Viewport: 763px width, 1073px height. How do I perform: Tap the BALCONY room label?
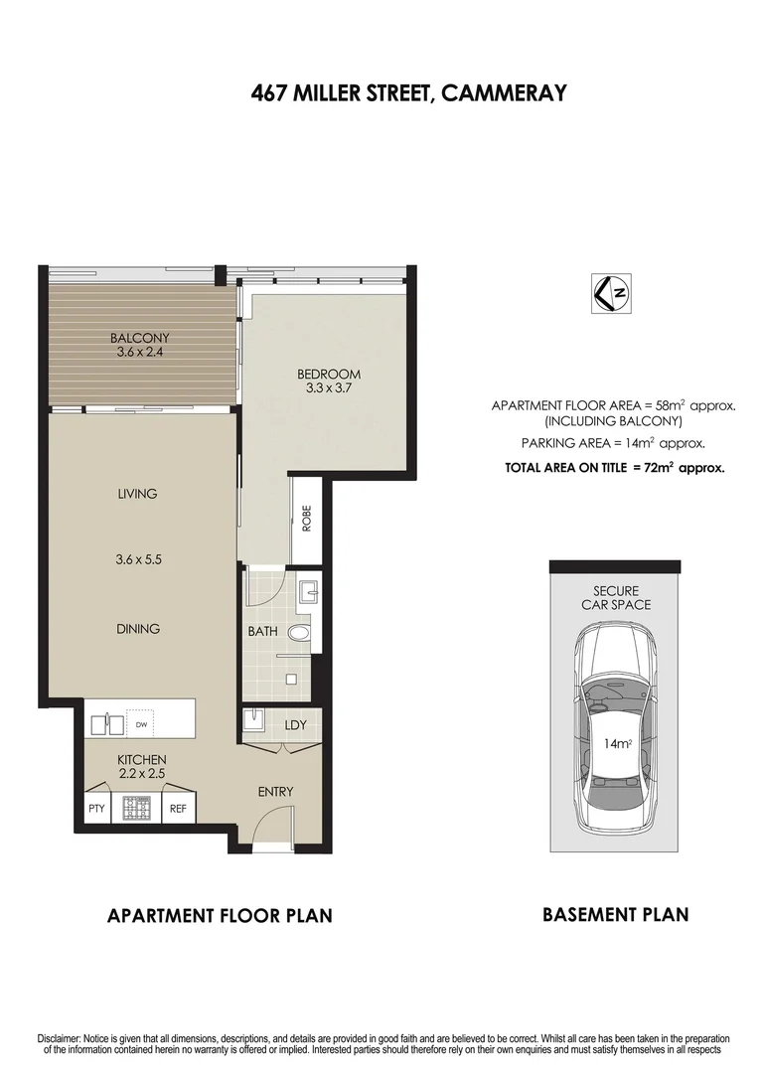tap(139, 337)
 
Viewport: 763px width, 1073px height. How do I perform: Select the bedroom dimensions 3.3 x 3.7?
tap(329, 389)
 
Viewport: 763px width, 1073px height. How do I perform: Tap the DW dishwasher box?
tap(139, 725)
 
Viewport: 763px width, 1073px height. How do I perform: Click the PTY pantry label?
tap(95, 809)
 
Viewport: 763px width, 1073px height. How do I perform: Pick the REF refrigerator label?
tap(178, 809)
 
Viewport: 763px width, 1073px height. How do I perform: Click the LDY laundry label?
tap(295, 725)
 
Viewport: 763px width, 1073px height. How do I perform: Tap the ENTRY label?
tap(275, 792)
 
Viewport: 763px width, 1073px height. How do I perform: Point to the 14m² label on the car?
tap(619, 744)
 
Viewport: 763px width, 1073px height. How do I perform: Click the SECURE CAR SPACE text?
tap(616, 597)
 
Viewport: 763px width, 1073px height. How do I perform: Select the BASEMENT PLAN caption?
tap(615, 914)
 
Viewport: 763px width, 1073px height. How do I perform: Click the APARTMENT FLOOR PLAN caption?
tap(220, 915)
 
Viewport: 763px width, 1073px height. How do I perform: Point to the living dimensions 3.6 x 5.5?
tap(138, 559)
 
